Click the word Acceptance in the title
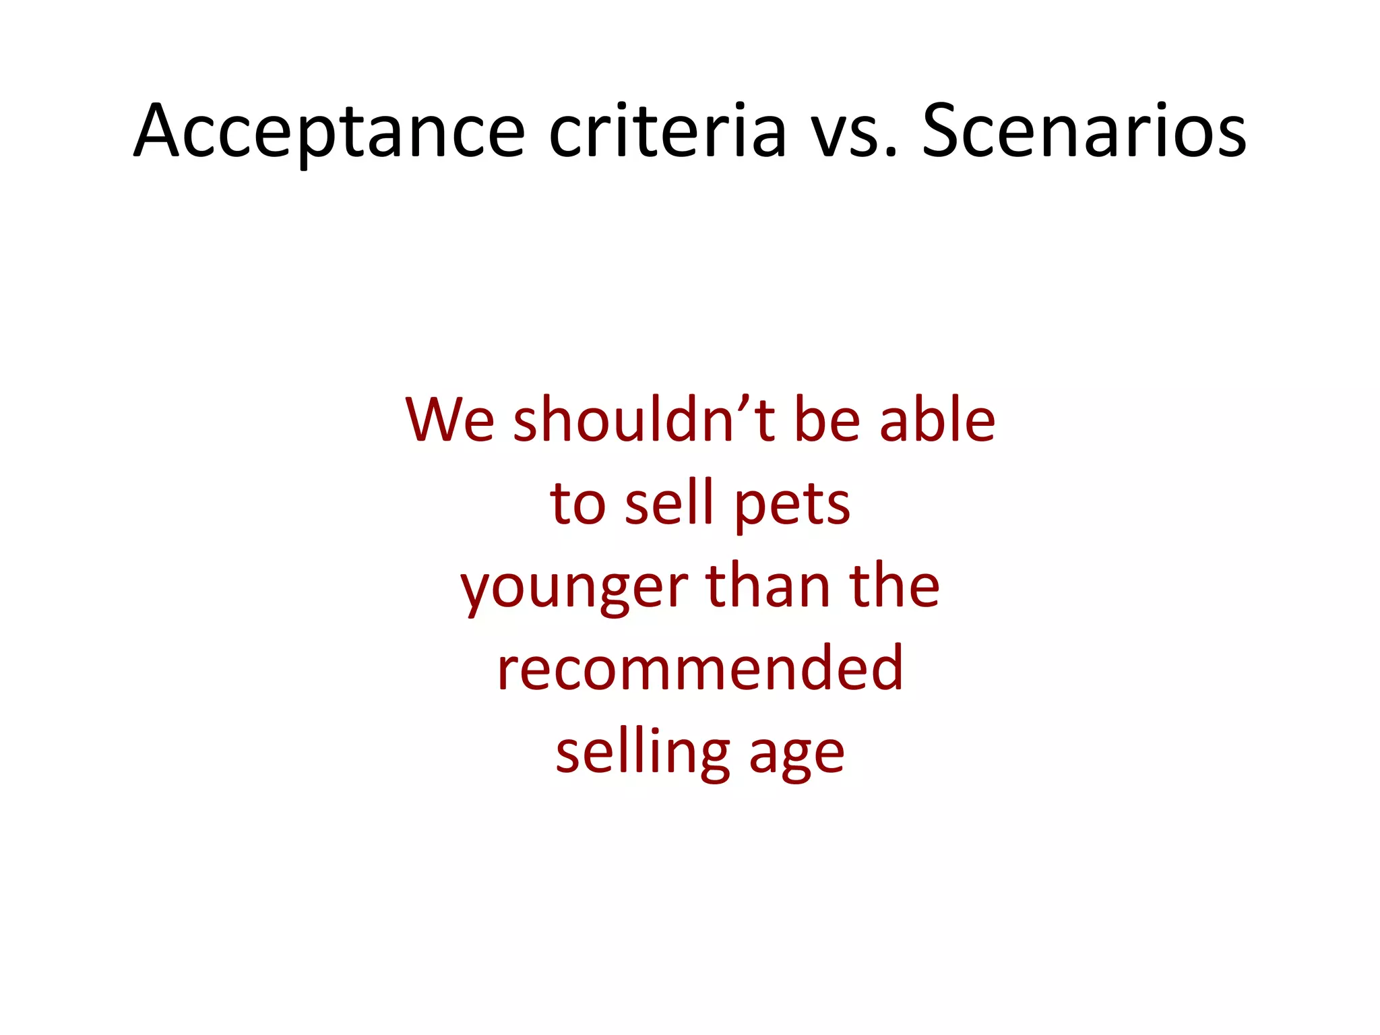pyautogui.click(x=329, y=131)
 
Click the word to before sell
pyautogui.click(x=578, y=504)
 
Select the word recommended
pyautogui.click(x=700, y=668)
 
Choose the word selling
pyautogui.click(x=643, y=753)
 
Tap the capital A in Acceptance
pyautogui.click(x=160, y=131)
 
